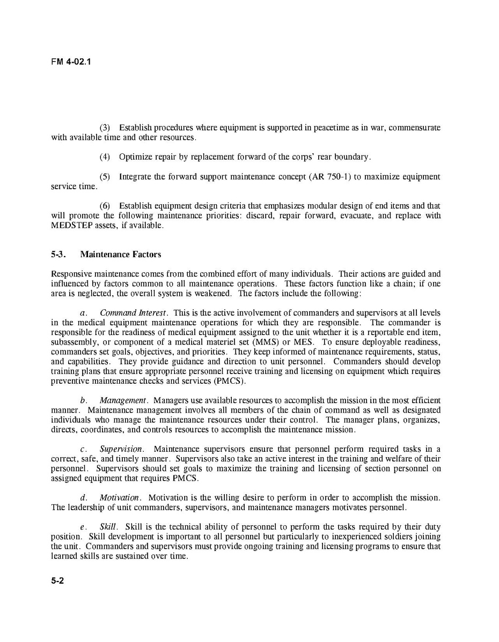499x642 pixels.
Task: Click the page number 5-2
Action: pos(57,581)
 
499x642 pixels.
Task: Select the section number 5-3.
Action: pos(58,255)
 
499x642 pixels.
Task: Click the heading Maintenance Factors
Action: pos(120,255)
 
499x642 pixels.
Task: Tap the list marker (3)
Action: pos(105,128)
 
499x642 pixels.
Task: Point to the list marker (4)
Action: pos(105,157)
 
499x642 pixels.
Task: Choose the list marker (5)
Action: pos(105,177)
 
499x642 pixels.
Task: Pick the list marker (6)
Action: pos(105,206)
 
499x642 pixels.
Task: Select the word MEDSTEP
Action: pos(71,226)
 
